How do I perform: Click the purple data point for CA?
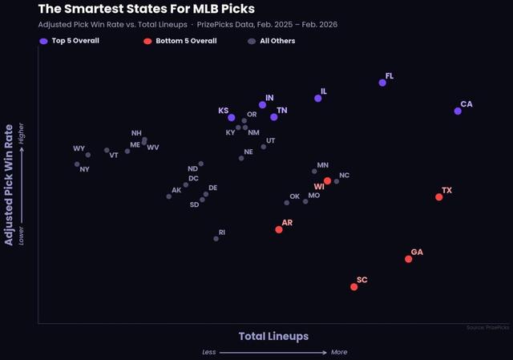tap(458, 111)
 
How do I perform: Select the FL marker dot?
tap(382, 83)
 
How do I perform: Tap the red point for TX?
tap(438, 196)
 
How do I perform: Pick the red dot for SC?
tap(354, 286)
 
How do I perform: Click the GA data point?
tap(409, 258)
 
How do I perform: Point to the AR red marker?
tap(279, 229)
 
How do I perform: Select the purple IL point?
tap(318, 98)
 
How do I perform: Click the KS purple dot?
tap(232, 118)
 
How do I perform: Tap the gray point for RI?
tap(216, 238)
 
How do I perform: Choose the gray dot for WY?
tap(87, 154)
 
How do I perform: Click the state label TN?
tap(282, 110)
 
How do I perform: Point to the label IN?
tap(270, 97)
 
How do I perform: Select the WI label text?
tap(319, 187)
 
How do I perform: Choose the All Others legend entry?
tap(272, 40)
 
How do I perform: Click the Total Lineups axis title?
tap(273, 336)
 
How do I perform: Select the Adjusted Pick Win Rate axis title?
tap(10, 184)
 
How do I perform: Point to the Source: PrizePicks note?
tap(487, 327)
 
